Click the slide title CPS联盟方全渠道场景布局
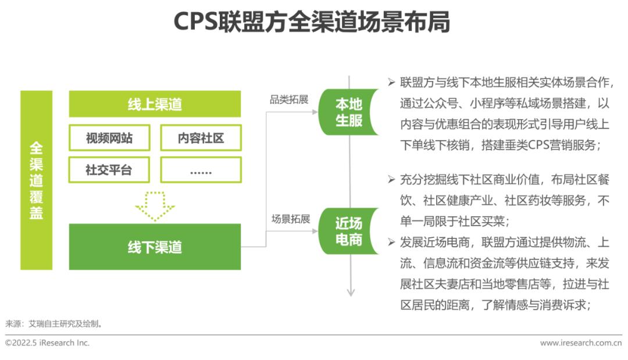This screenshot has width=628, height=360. coord(312,22)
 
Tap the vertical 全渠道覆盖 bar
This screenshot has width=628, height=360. coord(37,180)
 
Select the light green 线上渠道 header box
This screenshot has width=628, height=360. coord(155,104)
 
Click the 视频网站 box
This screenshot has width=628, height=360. coord(109,138)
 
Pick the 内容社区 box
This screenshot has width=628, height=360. coord(201,138)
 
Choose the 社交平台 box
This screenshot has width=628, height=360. coord(109,170)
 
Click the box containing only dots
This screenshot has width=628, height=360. coord(201,170)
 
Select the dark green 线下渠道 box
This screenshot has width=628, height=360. coord(155,247)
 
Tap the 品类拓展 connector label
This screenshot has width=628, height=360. coord(289,99)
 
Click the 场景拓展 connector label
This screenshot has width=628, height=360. coord(291,219)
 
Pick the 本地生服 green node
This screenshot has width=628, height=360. coord(348,112)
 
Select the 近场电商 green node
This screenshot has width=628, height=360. coord(348,231)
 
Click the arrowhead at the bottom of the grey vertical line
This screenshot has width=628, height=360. coord(351,293)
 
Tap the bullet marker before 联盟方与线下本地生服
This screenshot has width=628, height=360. coord(391,83)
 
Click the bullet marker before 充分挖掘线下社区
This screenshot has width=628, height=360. coord(391,179)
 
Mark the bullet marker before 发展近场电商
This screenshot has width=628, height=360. coord(391,242)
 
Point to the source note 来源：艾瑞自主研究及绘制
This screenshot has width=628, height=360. coord(54,323)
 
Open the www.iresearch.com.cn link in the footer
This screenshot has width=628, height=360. coord(581,343)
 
